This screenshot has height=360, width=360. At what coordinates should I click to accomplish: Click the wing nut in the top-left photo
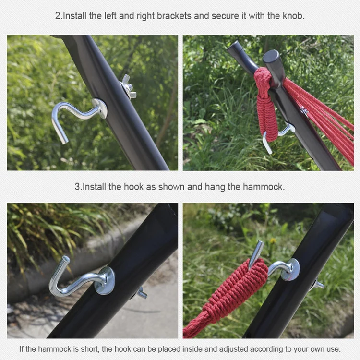pyautogui.click(x=128, y=87)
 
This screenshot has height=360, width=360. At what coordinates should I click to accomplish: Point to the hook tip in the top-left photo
pyautogui.click(x=64, y=141)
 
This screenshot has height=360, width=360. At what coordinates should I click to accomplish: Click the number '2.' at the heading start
pyautogui.click(x=58, y=16)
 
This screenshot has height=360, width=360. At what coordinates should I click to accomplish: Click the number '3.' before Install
pyautogui.click(x=78, y=187)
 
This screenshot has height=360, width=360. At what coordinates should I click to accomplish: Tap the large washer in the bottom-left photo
pyautogui.click(x=105, y=281)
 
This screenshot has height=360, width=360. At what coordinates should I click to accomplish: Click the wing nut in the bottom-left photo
pyautogui.click(x=141, y=292)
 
